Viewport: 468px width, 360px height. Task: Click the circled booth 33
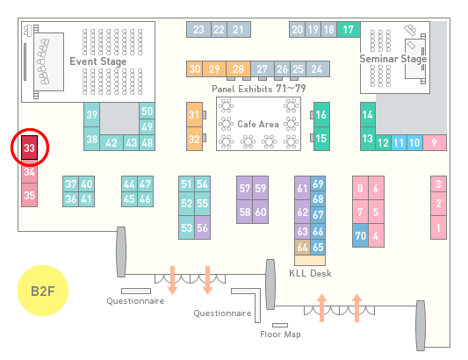click(x=29, y=148)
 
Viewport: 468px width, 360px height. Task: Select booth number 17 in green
click(x=349, y=30)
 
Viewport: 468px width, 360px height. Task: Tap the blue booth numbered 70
click(x=360, y=235)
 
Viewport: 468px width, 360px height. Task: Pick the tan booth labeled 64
click(x=302, y=247)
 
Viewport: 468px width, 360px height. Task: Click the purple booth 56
click(x=202, y=227)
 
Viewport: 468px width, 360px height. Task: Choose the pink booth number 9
click(x=435, y=143)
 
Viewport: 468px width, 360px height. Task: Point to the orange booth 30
click(x=195, y=69)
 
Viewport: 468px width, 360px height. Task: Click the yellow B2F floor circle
click(x=43, y=291)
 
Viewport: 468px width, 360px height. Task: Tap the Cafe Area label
click(x=258, y=124)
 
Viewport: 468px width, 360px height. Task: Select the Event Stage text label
click(x=98, y=61)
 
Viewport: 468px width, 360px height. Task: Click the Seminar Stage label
click(x=393, y=59)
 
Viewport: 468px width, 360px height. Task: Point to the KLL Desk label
click(x=311, y=273)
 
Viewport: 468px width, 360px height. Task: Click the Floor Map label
click(x=280, y=334)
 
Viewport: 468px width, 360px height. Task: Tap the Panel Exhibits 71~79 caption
click(x=259, y=89)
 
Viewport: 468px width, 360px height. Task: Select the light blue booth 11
click(x=399, y=143)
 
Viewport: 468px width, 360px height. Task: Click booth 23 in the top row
click(x=198, y=30)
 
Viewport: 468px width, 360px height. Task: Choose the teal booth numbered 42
click(x=112, y=143)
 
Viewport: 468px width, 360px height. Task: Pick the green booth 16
click(x=321, y=114)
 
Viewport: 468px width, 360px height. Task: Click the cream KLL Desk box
click(x=310, y=260)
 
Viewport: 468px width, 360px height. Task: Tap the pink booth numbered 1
click(x=438, y=227)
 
